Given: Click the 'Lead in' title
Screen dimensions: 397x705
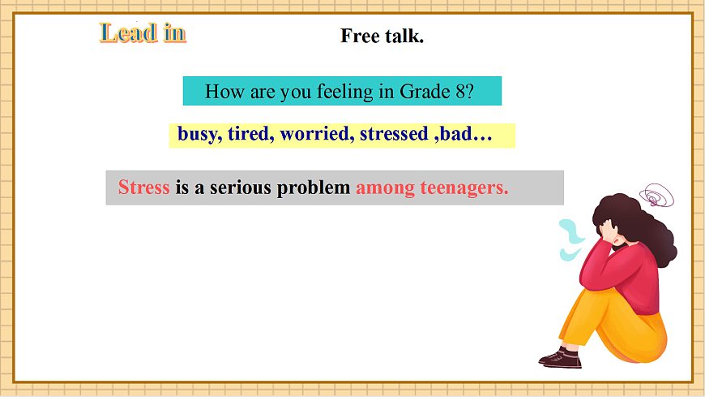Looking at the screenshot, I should point(143,32).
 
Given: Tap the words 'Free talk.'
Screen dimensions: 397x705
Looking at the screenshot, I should point(382,36).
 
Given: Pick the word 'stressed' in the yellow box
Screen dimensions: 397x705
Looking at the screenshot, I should point(393,134).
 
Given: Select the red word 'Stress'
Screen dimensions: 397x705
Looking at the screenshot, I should point(144,188).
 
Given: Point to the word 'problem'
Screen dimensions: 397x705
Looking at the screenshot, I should point(314,188).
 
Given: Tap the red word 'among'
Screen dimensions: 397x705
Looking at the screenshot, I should point(386,188).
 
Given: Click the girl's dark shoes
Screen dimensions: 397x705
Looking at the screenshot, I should point(561,357).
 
